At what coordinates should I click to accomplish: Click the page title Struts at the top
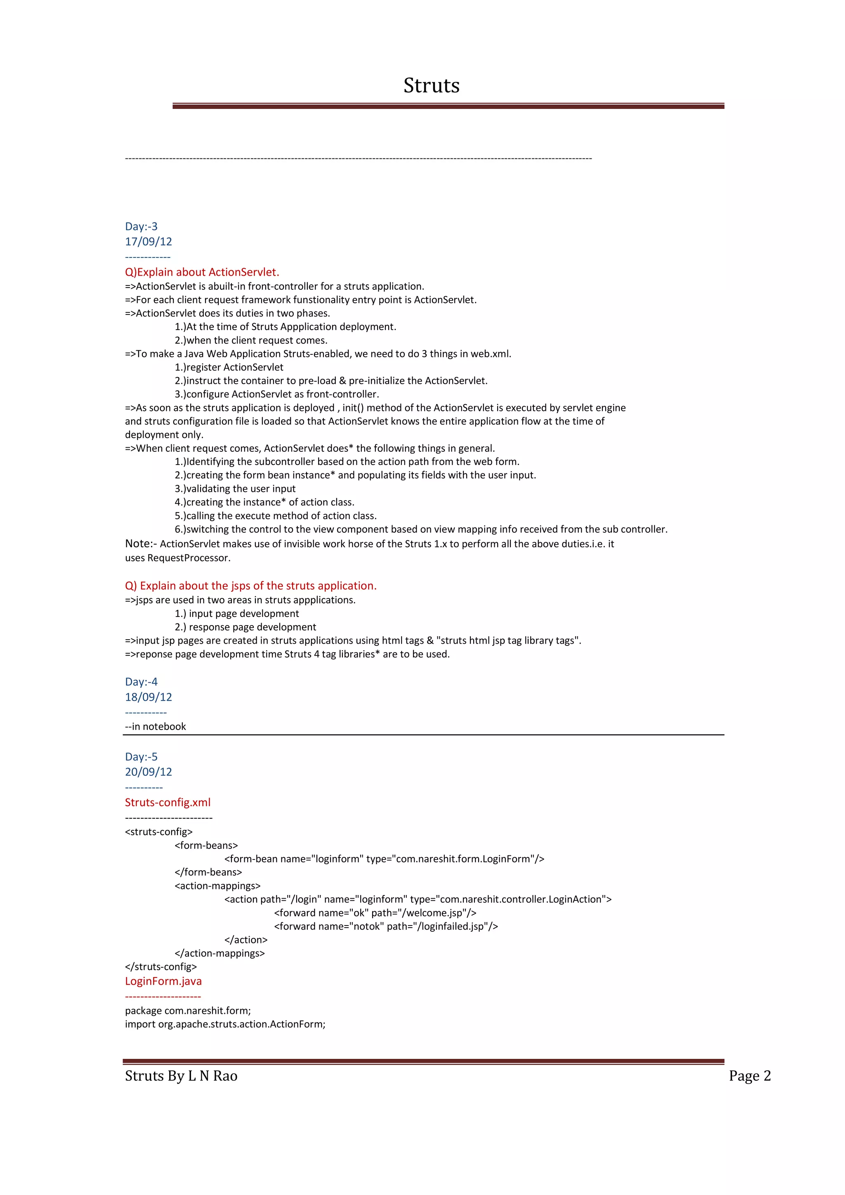click(x=431, y=85)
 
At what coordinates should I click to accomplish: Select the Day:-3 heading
click(x=141, y=227)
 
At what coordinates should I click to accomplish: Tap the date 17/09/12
click(x=148, y=241)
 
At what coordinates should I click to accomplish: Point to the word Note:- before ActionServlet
click(x=141, y=543)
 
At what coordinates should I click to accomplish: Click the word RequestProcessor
click(x=189, y=558)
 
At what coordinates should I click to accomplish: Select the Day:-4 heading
click(x=141, y=682)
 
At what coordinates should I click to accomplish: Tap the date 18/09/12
click(x=148, y=697)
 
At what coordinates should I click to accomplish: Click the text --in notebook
click(x=155, y=726)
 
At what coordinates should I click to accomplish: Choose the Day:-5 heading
click(x=141, y=757)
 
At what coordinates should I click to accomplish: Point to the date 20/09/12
click(x=148, y=772)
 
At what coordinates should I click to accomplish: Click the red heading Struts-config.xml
click(x=168, y=802)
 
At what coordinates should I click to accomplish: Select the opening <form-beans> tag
click(x=206, y=845)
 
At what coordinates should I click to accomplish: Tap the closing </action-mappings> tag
click(x=220, y=953)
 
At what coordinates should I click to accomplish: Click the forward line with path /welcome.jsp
click(x=375, y=913)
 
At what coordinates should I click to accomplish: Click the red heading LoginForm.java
click(x=163, y=981)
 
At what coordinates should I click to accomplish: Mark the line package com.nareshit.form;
click(x=188, y=1010)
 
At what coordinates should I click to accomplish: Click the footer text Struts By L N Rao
click(x=181, y=1076)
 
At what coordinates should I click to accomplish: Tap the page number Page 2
click(x=750, y=1076)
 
